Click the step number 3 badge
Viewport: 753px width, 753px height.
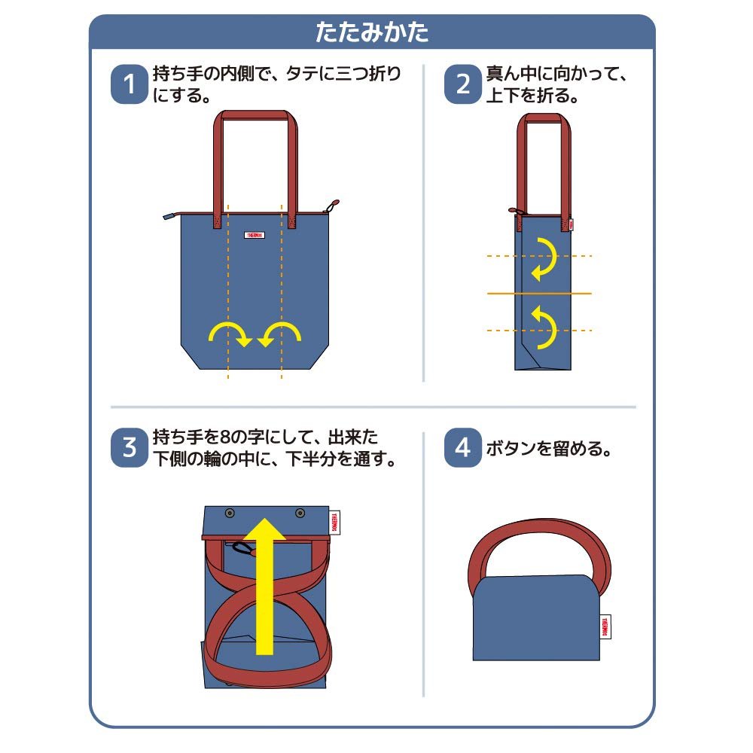pos(129,448)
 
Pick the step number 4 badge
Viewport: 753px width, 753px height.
pos(462,448)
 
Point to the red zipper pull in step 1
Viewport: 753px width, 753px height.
pos(333,205)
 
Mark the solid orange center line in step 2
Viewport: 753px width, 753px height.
pos(539,293)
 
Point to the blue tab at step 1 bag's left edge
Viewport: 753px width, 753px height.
pos(170,216)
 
